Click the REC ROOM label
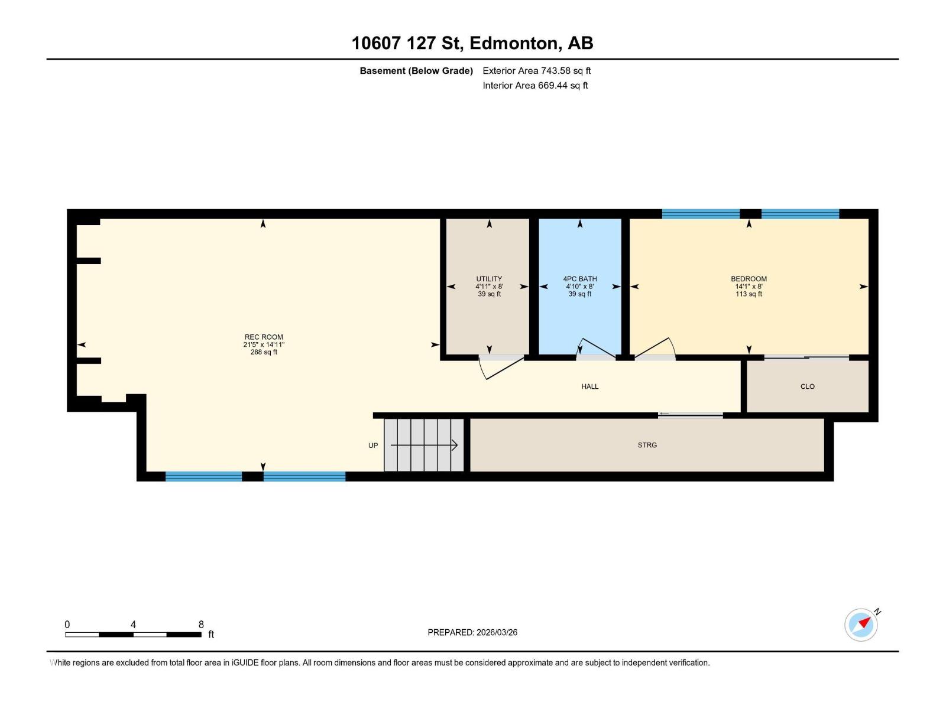(264, 337)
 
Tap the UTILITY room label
(489, 279)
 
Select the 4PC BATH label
(579, 279)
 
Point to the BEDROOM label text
(749, 279)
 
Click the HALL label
(589, 386)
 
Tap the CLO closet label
(807, 386)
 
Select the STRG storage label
(647, 445)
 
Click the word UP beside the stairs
(373, 445)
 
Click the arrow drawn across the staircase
(425, 445)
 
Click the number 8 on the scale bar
(201, 625)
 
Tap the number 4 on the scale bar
(133, 625)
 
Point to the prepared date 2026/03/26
(495, 632)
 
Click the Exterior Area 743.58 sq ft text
(536, 71)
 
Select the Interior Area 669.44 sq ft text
(535, 86)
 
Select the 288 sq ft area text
(264, 352)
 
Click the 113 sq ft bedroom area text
(749, 294)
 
